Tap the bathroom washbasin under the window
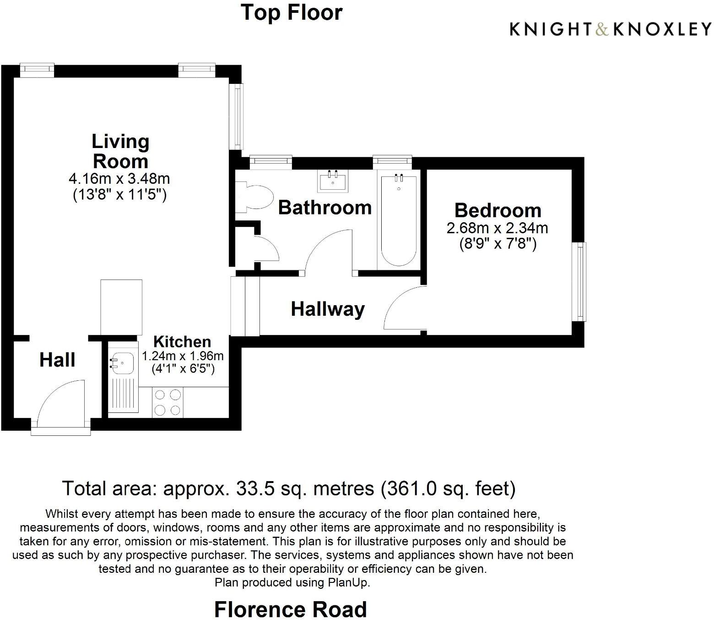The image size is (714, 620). (x=333, y=181)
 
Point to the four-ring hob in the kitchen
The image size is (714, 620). (x=168, y=402)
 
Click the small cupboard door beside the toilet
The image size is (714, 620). (x=267, y=247)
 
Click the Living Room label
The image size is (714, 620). (x=120, y=151)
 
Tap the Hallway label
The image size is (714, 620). (x=328, y=309)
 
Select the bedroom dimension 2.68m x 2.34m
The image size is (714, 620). (x=497, y=228)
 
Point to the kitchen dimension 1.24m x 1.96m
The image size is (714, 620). (x=183, y=356)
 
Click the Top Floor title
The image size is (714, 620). (x=292, y=12)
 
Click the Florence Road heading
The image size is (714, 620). (x=290, y=609)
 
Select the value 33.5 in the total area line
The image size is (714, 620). (x=253, y=488)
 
